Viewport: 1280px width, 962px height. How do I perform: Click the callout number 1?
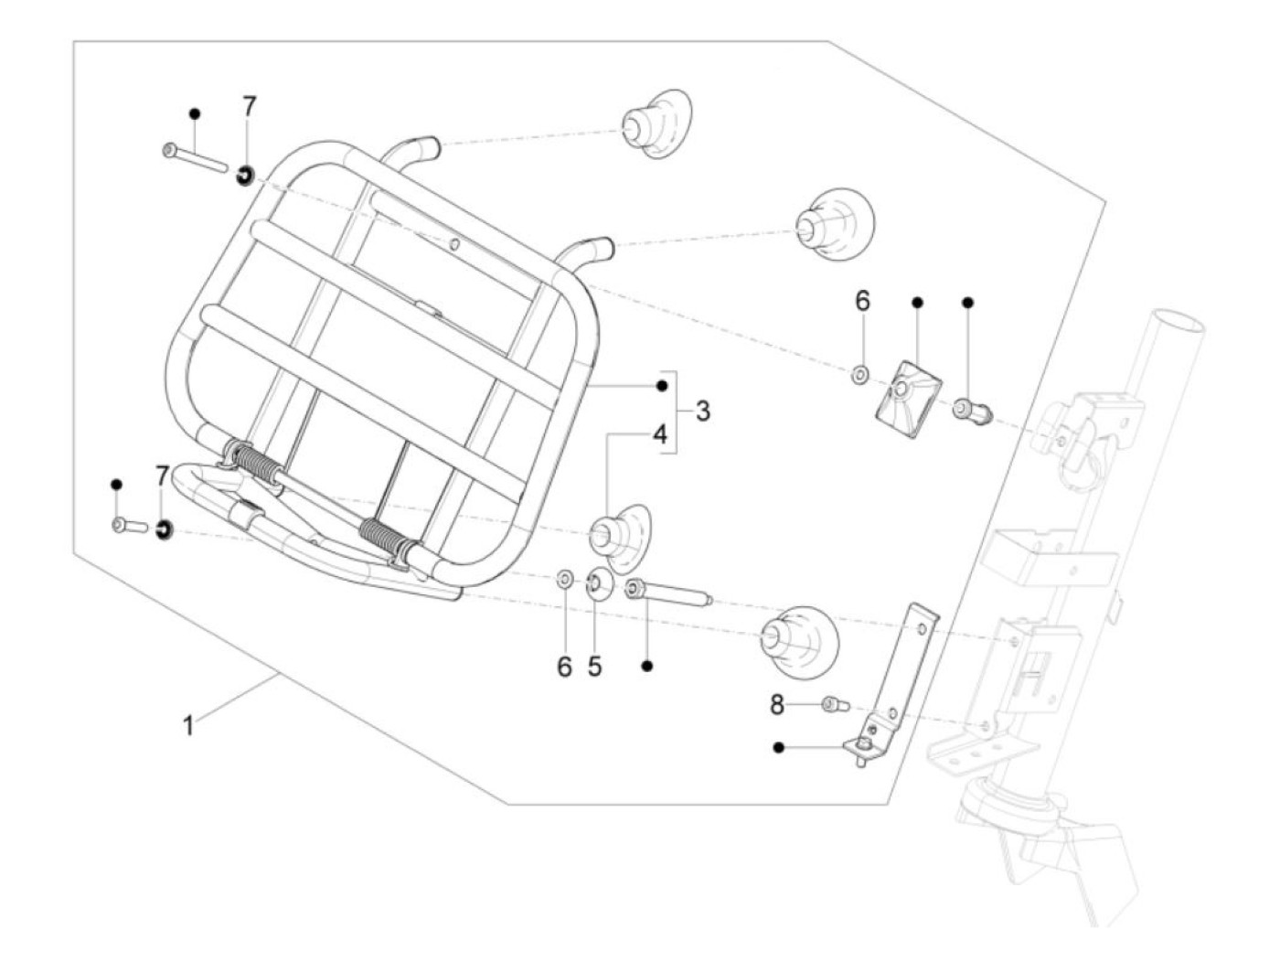pyautogui.click(x=188, y=727)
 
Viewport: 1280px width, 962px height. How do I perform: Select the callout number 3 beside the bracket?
pyautogui.click(x=702, y=412)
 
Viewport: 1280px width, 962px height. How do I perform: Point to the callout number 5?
pyautogui.click(x=595, y=667)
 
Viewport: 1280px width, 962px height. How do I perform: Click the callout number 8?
pyautogui.click(x=776, y=704)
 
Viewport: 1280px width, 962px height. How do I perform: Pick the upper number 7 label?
pyautogui.click(x=250, y=106)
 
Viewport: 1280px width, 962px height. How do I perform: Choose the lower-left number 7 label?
pyautogui.click(x=162, y=476)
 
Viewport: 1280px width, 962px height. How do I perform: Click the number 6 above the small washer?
pyautogui.click(x=862, y=300)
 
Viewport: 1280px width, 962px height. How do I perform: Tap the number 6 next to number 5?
pyautogui.click(x=564, y=667)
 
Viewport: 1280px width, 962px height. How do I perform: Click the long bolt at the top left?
pyautogui.click(x=194, y=157)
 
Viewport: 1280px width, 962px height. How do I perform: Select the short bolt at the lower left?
pyautogui.click(x=129, y=526)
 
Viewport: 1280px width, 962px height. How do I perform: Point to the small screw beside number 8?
pyautogui.click(x=835, y=704)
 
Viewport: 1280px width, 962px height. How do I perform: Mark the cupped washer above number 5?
pyautogui.click(x=600, y=583)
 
